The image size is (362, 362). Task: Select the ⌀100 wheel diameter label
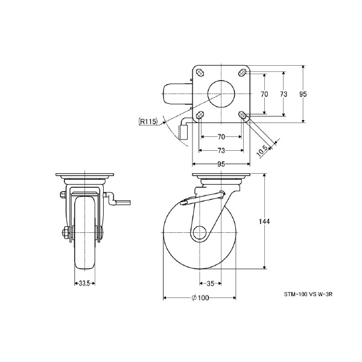tap(199, 297)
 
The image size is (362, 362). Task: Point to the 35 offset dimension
tap(209, 282)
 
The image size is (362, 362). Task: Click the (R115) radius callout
tap(148, 121)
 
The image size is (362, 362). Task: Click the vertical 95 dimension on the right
tap(303, 94)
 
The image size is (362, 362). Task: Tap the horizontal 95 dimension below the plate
tap(221, 164)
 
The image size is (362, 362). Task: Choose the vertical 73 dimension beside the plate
tap(284, 94)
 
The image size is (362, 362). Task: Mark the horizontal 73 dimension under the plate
tap(221, 150)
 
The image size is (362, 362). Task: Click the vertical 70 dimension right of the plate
tap(264, 94)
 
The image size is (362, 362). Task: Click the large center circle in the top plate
tap(221, 94)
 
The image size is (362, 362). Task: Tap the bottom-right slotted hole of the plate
tap(242, 115)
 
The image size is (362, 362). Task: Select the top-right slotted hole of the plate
tap(242, 73)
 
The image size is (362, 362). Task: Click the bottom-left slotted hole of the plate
tap(200, 115)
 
